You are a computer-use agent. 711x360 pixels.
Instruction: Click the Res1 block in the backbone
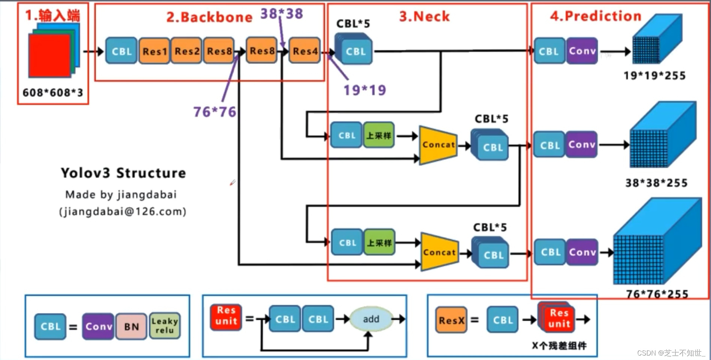154,51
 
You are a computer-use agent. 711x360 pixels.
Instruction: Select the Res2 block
187,51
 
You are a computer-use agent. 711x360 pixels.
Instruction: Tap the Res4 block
305,51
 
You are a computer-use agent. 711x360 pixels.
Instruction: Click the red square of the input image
49,55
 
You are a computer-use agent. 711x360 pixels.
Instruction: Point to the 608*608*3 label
53,93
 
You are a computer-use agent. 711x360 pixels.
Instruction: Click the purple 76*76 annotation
215,112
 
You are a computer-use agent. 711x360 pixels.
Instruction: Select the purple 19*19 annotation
364,90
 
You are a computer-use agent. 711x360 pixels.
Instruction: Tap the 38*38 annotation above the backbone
282,14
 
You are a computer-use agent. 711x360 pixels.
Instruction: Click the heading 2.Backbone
209,17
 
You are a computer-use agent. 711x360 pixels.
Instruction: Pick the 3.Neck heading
424,16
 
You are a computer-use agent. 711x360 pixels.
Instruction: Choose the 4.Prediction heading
596,16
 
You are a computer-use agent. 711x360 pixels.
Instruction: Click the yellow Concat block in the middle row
438,145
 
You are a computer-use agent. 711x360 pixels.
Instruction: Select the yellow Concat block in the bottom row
440,252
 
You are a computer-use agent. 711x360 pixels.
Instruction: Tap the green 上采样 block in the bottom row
379,242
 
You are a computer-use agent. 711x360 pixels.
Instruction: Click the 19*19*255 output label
654,76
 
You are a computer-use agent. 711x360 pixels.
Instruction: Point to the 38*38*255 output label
656,183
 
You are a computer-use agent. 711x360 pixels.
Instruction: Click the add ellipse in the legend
371,319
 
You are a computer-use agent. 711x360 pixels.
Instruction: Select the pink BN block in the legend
131,327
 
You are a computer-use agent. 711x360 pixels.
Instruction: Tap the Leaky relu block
165,326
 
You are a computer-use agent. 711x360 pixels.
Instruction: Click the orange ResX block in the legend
451,320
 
